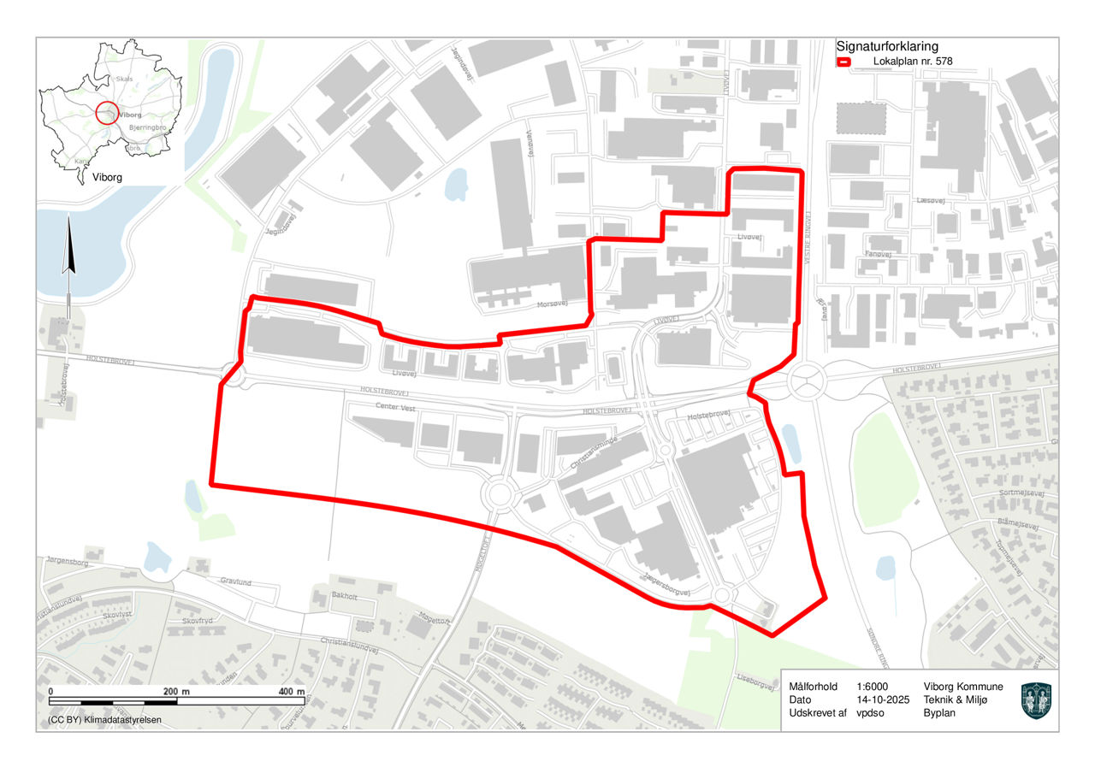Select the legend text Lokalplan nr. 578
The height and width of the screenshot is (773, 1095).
[x=913, y=62]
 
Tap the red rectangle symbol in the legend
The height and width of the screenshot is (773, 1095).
[x=843, y=62]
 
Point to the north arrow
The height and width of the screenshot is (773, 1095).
[x=69, y=248]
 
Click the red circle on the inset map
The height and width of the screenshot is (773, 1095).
[x=107, y=113]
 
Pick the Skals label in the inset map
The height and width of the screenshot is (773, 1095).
[x=124, y=79]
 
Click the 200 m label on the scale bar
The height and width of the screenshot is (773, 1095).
[x=177, y=691]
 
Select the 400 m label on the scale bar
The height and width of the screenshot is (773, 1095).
[x=292, y=691]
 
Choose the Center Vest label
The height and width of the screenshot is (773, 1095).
[x=394, y=409]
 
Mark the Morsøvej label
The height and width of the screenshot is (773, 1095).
[x=552, y=304]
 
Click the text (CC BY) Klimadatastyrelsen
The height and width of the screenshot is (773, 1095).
[x=98, y=719]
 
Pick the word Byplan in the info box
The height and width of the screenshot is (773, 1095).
[x=940, y=713]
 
